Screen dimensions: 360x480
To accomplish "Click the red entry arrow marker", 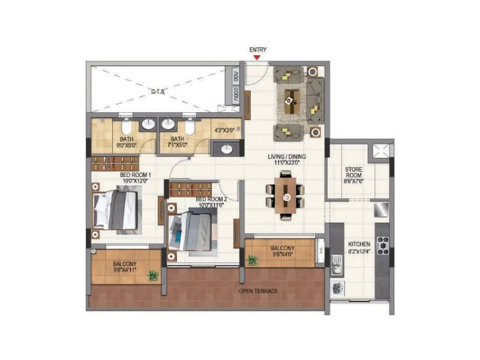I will (257, 58).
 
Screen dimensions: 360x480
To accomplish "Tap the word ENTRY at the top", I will (257, 50).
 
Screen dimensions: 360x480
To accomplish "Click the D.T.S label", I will (158, 91).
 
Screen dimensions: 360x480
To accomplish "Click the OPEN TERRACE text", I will (258, 291).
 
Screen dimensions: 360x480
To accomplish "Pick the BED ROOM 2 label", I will (210, 199).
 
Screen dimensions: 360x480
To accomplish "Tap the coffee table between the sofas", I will (292, 98).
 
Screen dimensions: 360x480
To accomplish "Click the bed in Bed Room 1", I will (117, 209).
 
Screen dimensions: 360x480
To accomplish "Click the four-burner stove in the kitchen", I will (382, 246).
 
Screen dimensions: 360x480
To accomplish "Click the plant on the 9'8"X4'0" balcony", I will (252, 260).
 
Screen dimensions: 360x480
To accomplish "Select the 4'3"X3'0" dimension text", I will (227, 128).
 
